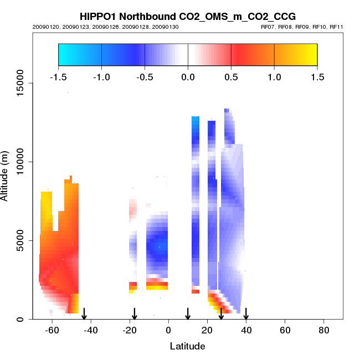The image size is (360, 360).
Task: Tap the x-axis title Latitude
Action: (187, 346)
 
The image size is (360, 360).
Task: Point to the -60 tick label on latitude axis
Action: (52, 331)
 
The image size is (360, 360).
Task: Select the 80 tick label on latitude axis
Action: (324, 331)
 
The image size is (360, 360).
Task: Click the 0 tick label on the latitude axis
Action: (168, 331)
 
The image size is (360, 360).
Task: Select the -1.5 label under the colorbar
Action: (58, 77)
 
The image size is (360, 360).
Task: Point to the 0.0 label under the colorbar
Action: (188, 77)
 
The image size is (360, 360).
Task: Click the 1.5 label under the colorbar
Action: (317, 77)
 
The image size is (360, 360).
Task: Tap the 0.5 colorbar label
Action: (231, 77)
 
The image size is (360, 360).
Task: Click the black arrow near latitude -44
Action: (84, 314)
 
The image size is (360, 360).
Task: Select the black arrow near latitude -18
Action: (134, 314)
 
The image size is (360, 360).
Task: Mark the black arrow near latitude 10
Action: (188, 314)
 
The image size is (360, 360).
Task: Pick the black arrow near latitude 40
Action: (246, 314)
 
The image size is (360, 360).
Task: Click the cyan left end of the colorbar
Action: (64, 54)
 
